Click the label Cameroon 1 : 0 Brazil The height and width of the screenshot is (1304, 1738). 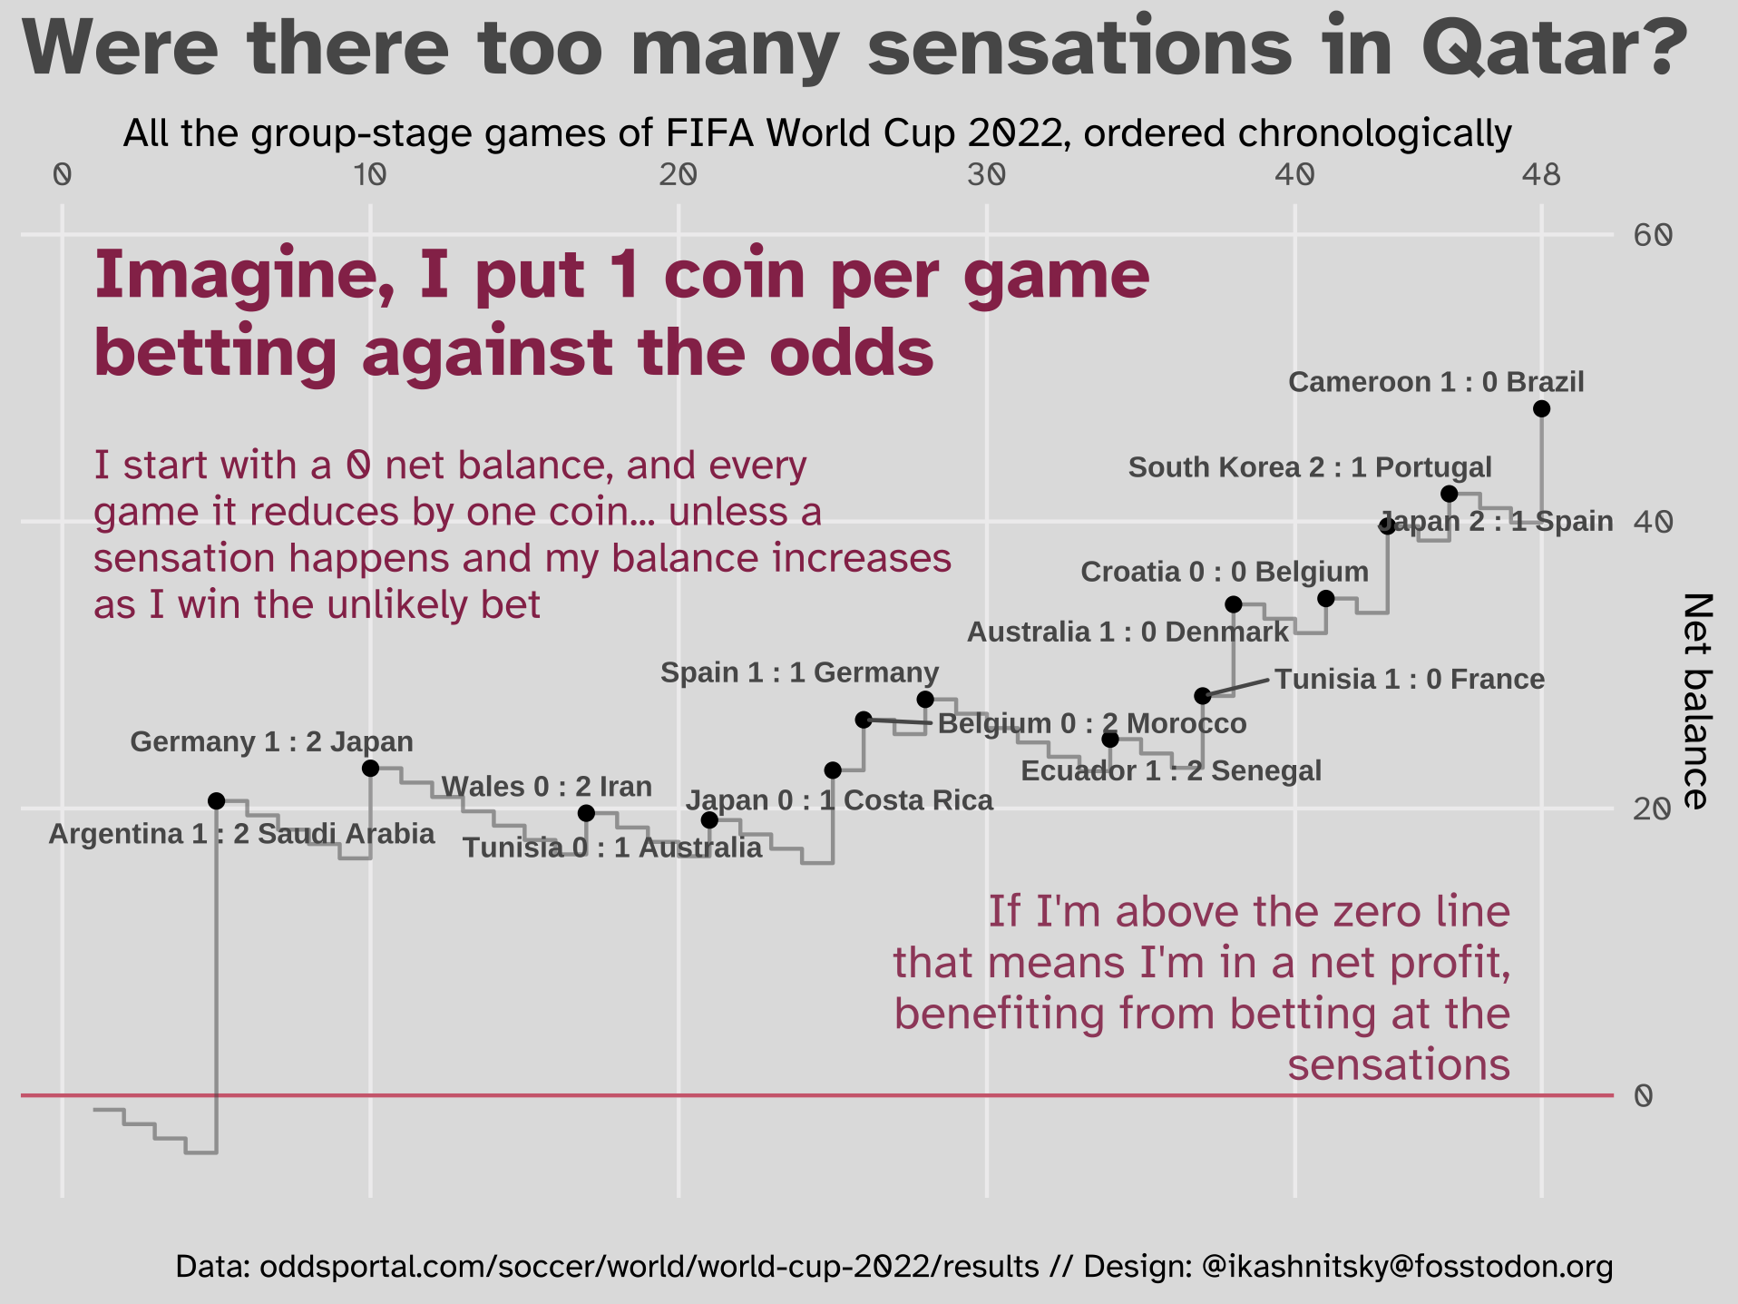tap(1436, 382)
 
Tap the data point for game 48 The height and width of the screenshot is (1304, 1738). tap(1541, 409)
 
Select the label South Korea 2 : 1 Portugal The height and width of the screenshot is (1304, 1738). tap(1309, 467)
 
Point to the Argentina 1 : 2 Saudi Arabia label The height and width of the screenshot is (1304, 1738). tap(241, 834)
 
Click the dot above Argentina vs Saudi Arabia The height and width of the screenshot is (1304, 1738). tap(216, 800)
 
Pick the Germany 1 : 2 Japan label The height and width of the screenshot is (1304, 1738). tap(271, 742)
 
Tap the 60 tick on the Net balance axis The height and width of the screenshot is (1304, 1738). tap(1652, 236)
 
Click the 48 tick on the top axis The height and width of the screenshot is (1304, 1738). tap(1541, 174)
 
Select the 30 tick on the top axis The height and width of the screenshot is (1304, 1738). tap(986, 174)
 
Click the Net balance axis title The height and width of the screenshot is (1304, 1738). tap(1696, 701)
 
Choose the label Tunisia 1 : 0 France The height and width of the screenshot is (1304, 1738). tap(1409, 680)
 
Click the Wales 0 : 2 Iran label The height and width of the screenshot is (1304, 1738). tap(546, 787)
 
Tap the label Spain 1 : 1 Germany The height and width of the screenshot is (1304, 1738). tap(799, 672)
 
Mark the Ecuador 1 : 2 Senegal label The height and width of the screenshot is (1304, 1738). tap(1170, 771)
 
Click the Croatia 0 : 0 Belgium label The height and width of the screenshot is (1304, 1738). tap(1225, 572)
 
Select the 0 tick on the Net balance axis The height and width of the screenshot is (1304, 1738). tap(1643, 1096)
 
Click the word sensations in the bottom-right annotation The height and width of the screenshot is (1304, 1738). tap(1399, 1064)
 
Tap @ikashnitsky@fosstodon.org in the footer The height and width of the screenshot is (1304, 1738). tap(1407, 1267)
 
